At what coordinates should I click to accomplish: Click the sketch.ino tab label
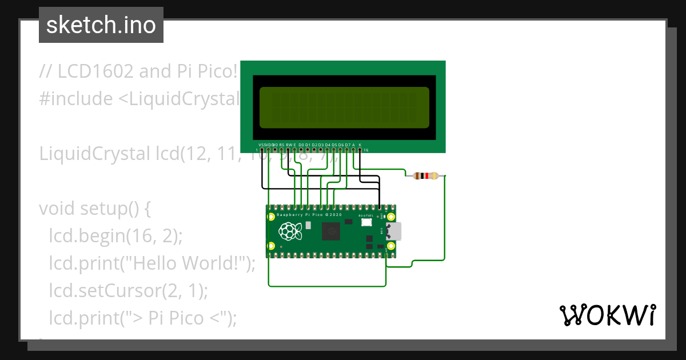coord(101,25)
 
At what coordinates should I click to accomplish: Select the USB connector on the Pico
coord(394,231)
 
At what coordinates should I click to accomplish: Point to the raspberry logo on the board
coord(290,231)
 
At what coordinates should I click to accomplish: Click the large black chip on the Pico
coord(331,231)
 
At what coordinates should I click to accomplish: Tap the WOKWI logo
coord(607,315)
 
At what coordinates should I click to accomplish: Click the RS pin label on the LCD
coord(282,145)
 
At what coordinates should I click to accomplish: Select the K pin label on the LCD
coord(360,145)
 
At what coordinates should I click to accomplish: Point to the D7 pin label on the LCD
coord(347,145)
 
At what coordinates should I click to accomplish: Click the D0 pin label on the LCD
coord(301,145)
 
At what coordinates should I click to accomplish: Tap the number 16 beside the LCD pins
coord(366,150)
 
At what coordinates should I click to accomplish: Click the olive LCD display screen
coord(344,107)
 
